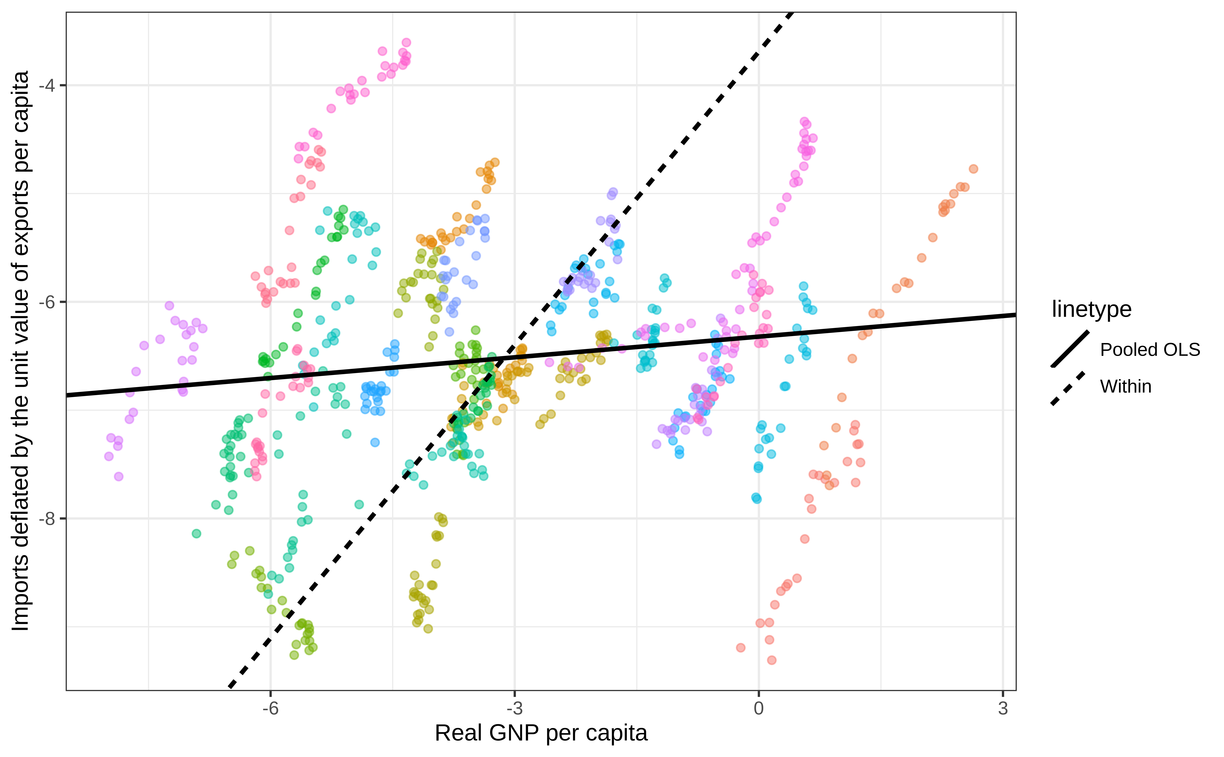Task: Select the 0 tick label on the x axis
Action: point(759,709)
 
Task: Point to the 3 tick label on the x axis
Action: point(1003,709)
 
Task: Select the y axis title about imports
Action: point(21,351)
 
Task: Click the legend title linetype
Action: point(1091,309)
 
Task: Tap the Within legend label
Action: point(1125,387)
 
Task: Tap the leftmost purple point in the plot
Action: point(108,456)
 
